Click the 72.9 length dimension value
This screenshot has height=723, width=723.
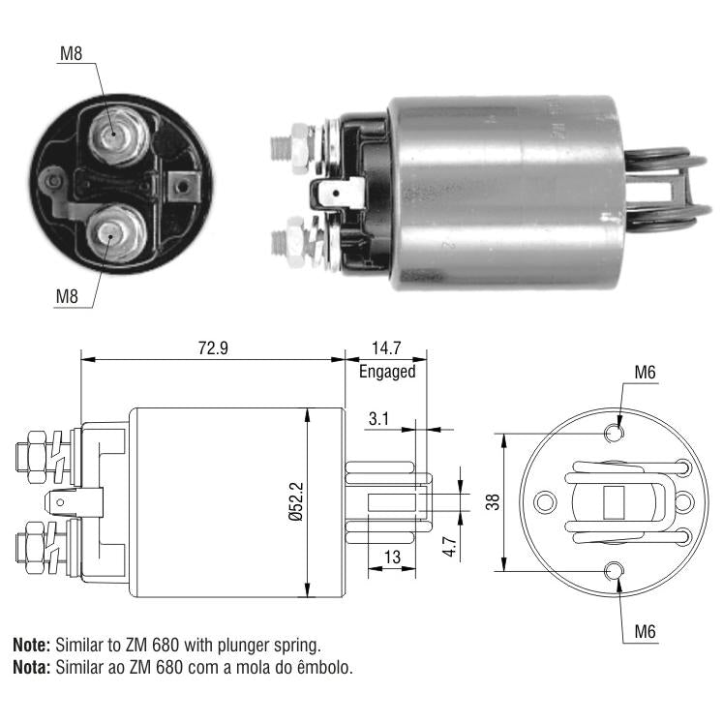pos(213,347)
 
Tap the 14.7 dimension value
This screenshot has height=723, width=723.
pos(386,347)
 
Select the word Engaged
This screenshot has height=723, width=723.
pos(387,372)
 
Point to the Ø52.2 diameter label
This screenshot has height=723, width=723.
pos(296,501)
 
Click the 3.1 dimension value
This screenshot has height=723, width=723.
pos(378,419)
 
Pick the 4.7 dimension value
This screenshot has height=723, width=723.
pos(449,547)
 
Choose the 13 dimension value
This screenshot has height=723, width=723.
pos(392,557)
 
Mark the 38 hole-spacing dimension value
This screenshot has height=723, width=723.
pos(493,501)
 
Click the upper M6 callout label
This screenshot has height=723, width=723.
pos(645,373)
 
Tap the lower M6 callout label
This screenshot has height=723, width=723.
pos(645,632)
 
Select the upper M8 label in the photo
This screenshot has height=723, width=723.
pos(71,54)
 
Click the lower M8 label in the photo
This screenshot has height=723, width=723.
pos(67,296)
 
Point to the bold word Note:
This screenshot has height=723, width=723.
pos(31,645)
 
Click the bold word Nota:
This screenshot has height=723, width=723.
pos(31,667)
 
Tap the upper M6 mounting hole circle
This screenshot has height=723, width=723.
pos(615,433)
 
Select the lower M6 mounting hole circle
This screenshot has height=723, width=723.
pos(615,571)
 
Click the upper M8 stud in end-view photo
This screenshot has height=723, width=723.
pos(117,135)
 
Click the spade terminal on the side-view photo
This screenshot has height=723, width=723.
pos(340,194)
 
